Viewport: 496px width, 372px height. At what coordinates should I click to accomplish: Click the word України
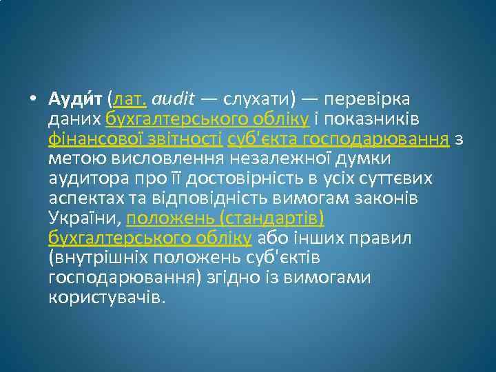[x=84, y=219]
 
